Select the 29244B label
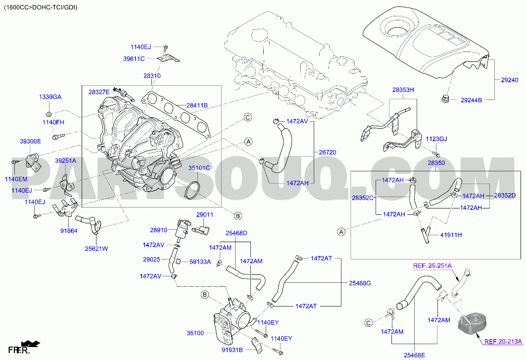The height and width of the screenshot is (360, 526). click(x=471, y=100)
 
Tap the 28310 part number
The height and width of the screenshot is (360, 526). click(x=152, y=76)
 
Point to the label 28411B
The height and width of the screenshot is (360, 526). click(x=197, y=105)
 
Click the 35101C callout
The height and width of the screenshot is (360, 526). click(x=199, y=168)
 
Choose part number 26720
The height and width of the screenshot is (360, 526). click(x=327, y=153)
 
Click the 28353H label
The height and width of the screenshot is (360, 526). click(x=403, y=90)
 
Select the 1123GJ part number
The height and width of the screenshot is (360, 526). click(x=436, y=139)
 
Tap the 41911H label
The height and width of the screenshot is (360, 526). click(x=451, y=235)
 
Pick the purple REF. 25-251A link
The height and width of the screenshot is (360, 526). click(x=432, y=266)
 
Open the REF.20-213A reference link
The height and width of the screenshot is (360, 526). click(x=503, y=341)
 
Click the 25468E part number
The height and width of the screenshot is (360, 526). click(x=414, y=355)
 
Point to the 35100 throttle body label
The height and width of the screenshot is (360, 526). click(x=195, y=333)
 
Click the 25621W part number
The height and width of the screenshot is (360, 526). click(x=96, y=249)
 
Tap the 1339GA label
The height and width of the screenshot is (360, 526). click(x=50, y=97)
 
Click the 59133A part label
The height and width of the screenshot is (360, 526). click(x=200, y=261)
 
